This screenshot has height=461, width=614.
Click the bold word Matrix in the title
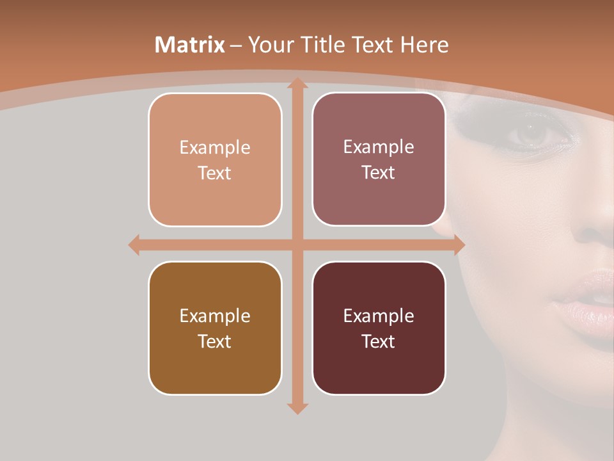190,45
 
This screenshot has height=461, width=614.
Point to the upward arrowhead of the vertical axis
297,83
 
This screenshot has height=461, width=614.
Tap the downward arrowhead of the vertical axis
297,408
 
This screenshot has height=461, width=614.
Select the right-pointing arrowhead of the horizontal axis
459,245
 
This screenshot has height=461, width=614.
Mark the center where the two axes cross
297,245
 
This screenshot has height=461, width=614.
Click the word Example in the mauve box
379,147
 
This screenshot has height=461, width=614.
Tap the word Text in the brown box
214,341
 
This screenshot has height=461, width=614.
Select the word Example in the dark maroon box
379,316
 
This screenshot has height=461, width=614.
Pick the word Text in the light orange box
214,173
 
